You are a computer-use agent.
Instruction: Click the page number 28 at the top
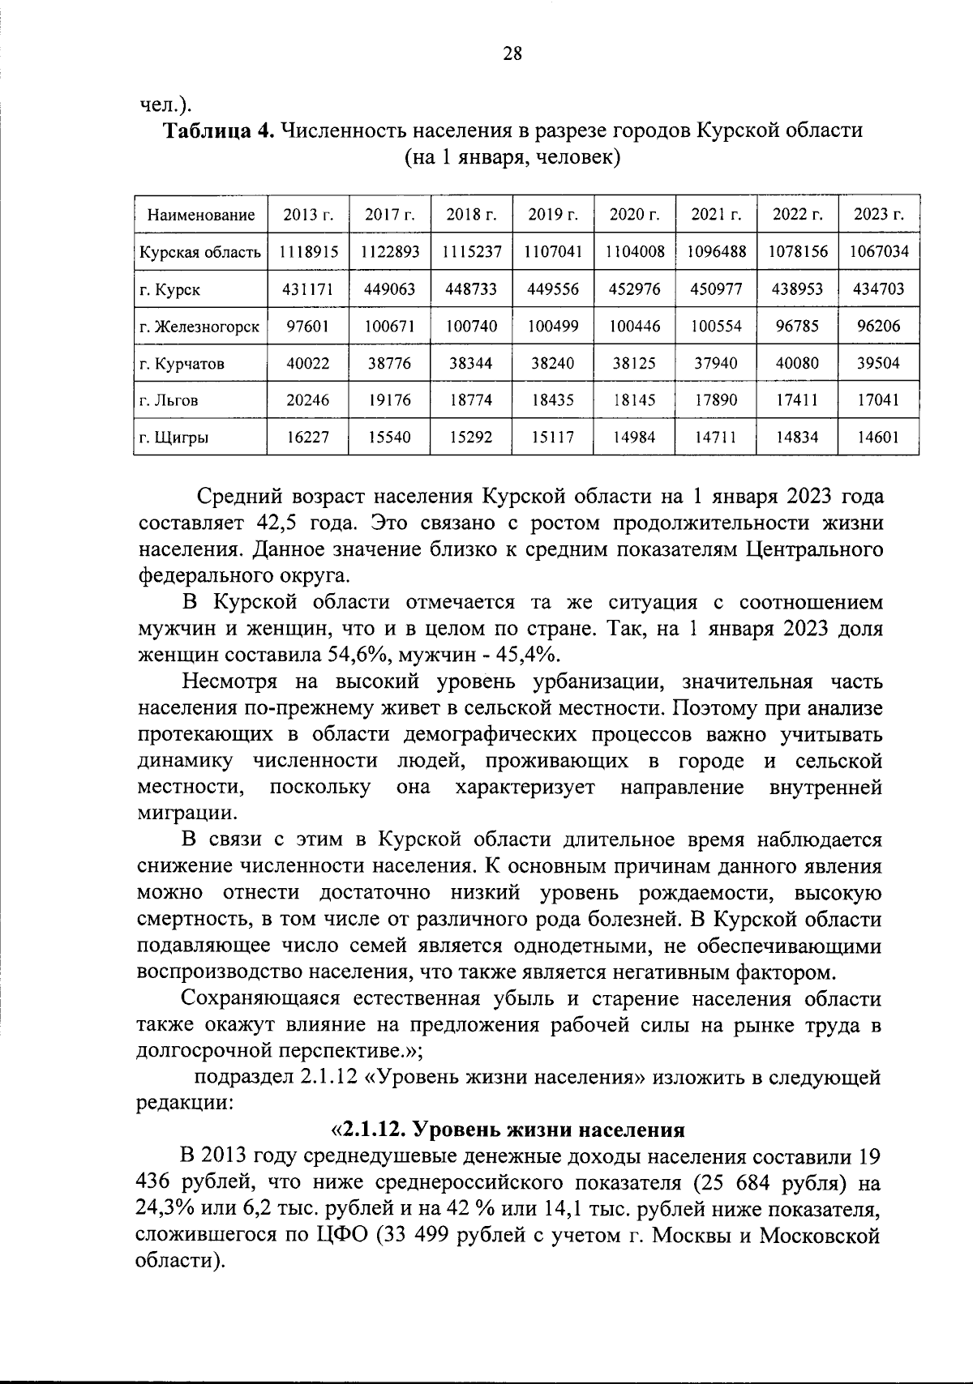512,54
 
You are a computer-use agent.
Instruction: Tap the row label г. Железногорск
199,327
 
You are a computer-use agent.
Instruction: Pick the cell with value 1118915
308,252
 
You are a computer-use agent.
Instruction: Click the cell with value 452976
634,289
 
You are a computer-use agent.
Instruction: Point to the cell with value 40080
796,364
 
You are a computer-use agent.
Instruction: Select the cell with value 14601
879,438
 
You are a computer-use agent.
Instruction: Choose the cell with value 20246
308,401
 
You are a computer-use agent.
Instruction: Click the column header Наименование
200,215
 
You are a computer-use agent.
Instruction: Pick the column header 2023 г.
879,215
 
